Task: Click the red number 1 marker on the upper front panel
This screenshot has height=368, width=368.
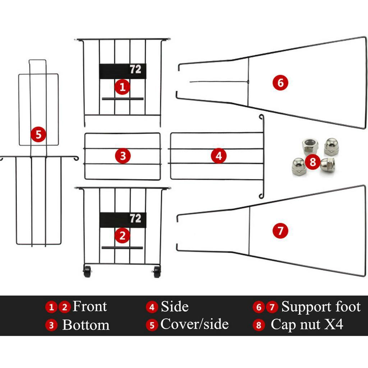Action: [x=122, y=87]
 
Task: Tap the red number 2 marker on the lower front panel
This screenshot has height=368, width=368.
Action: [x=122, y=235]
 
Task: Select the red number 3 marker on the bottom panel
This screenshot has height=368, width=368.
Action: [x=123, y=156]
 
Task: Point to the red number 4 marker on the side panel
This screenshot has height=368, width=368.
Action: [x=218, y=156]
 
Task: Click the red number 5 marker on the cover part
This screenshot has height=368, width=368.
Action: [x=38, y=134]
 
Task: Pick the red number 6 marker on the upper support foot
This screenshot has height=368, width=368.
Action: [x=280, y=83]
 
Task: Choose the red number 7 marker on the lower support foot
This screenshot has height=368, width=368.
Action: [x=280, y=231]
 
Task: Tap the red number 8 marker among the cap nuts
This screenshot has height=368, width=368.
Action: [x=313, y=162]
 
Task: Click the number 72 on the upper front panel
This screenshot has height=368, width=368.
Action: [x=135, y=69]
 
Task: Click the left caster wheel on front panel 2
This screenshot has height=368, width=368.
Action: [x=87, y=272]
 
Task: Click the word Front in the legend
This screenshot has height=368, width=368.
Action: [x=89, y=306]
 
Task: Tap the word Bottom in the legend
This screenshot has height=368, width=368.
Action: [x=86, y=325]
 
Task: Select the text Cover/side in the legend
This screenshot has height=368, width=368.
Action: [x=194, y=324]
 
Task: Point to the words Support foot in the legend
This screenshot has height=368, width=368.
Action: [x=321, y=307]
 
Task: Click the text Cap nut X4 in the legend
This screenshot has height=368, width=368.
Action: [x=307, y=325]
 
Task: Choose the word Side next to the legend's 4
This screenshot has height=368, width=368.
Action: [x=175, y=307]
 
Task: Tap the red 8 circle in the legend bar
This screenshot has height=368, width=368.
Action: [x=259, y=325]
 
